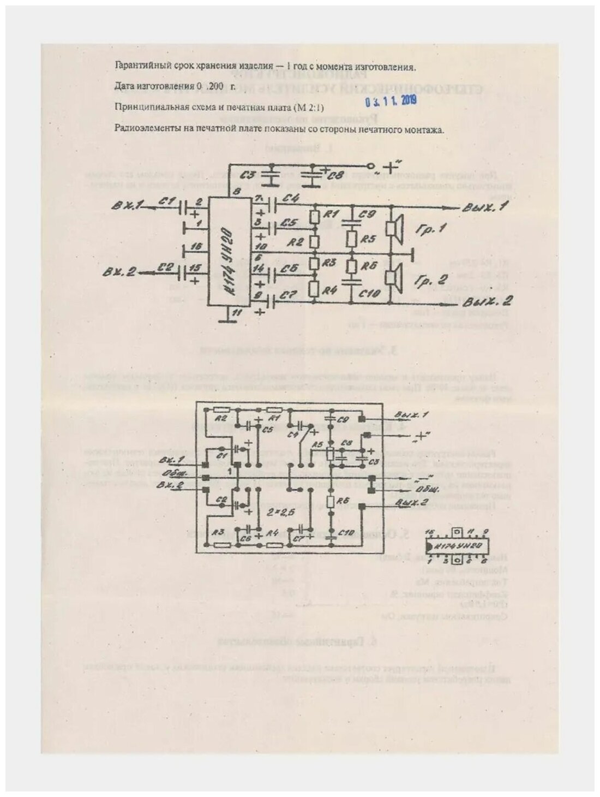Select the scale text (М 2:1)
tap(295, 107)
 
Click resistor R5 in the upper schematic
tap(352, 239)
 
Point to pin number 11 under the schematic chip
tap(235, 313)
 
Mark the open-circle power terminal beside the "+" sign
tap(370, 165)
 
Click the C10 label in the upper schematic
tap(371, 293)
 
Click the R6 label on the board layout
tap(343, 501)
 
